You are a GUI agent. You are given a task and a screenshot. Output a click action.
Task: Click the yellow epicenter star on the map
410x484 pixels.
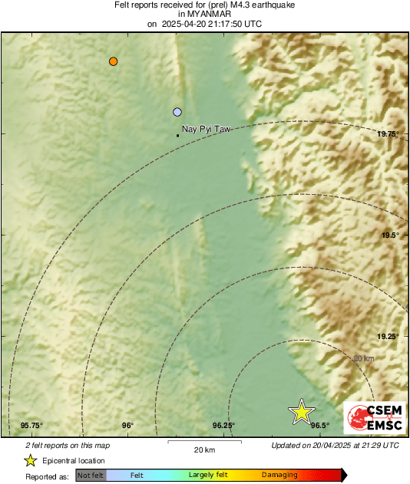[302, 413]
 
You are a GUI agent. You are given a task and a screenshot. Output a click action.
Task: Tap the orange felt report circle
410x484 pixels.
[114, 61]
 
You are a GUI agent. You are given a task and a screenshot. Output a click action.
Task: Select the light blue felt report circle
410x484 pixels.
[177, 112]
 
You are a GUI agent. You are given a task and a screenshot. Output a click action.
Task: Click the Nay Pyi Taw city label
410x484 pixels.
[207, 130]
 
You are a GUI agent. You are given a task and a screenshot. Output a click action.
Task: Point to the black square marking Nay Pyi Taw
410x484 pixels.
[178, 136]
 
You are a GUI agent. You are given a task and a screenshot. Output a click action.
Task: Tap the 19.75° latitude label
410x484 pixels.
[389, 134]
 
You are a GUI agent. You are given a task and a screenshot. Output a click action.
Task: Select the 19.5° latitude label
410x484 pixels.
[390, 235]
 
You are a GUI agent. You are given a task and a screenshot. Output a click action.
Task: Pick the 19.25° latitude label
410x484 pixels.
[388, 337]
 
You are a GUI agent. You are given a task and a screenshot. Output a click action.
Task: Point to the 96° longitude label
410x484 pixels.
[127, 426]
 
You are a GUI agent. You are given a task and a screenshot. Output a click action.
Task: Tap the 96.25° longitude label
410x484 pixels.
[223, 426]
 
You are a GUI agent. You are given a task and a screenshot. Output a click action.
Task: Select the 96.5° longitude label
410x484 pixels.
[320, 426]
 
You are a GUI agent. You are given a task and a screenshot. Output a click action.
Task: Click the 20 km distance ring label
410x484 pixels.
[363, 358]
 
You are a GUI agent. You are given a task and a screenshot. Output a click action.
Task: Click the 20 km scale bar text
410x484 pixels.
[204, 449]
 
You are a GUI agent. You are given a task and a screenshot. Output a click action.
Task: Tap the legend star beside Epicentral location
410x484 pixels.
[31, 460]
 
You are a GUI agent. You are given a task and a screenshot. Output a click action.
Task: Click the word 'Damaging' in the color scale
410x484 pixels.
[279, 476]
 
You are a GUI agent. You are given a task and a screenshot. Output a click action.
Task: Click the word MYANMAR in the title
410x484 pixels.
[204, 15]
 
